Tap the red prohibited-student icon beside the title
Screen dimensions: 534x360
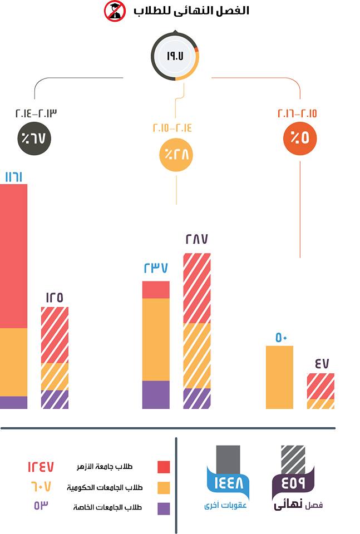pos(115,11)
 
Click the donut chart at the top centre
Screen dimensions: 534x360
pos(175,56)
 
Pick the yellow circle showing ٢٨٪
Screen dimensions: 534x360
pos(176,154)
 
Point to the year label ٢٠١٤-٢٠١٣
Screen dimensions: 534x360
pos(36,113)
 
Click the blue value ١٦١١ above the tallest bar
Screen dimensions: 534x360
pos(13,177)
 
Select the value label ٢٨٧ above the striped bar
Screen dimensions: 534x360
pos(196,240)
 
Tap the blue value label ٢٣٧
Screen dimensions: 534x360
pos(156,268)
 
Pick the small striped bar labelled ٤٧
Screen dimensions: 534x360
pos(320,391)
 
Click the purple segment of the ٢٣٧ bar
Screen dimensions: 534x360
pos(156,394)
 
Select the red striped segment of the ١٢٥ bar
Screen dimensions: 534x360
pos(55,335)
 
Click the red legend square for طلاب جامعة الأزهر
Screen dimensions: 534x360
pos(164,466)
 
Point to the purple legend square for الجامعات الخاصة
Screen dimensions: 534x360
pos(164,508)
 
